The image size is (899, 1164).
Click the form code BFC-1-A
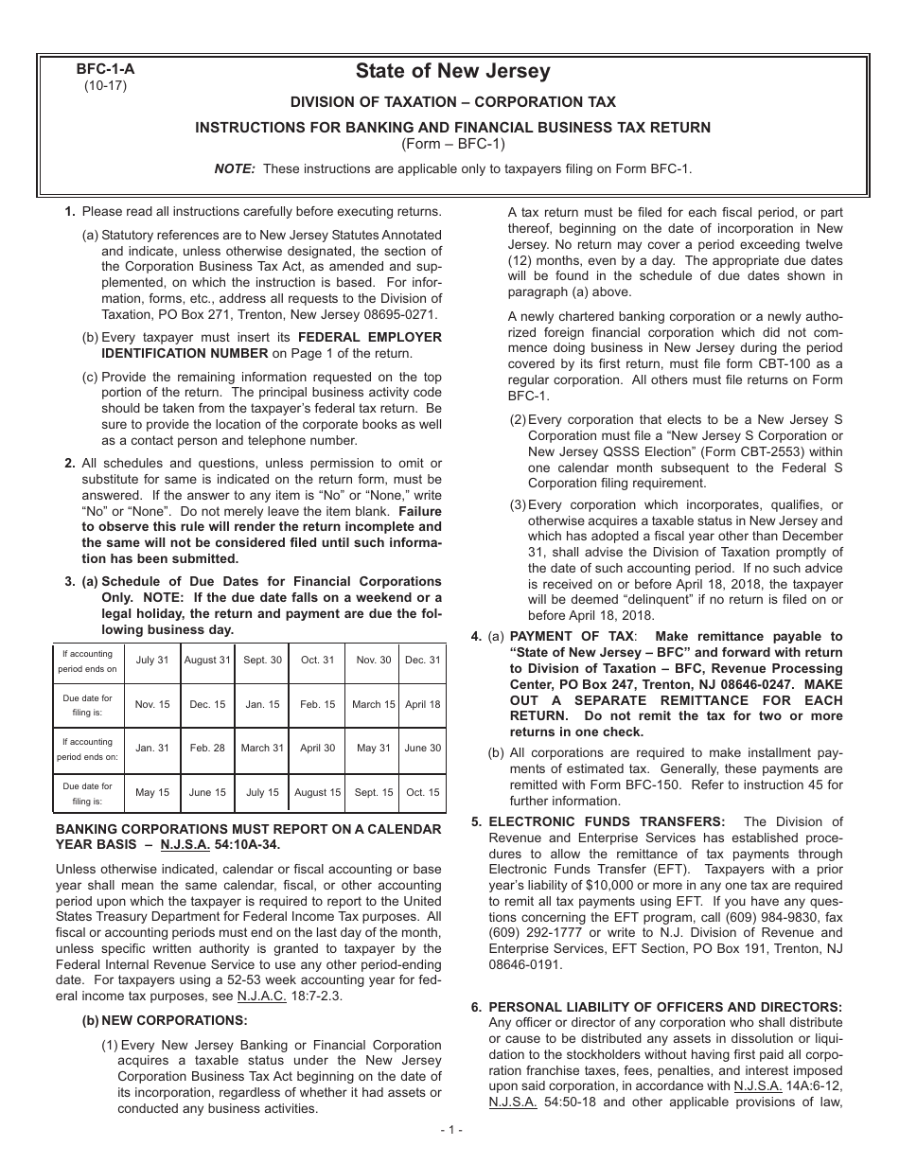[104, 69]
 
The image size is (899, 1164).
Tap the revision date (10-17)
[104, 84]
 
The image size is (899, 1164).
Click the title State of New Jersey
[452, 71]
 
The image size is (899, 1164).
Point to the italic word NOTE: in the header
[235, 168]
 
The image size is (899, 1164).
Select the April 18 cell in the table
[422, 704]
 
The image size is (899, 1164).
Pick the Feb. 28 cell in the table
[207, 748]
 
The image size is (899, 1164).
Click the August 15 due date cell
[317, 792]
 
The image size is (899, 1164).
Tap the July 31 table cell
[152, 660]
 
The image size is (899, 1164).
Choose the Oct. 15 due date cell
[422, 792]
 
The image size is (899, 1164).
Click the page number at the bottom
[449, 1129]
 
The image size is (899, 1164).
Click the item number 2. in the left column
[69, 463]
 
